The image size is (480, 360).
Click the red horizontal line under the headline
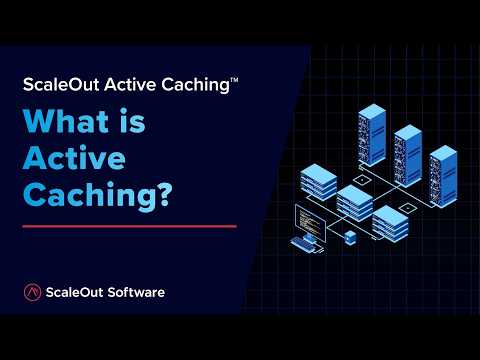(x=129, y=226)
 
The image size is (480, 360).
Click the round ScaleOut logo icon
(x=32, y=292)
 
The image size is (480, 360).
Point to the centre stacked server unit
(x=353, y=203)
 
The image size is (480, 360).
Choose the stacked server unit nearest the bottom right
(x=390, y=223)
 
